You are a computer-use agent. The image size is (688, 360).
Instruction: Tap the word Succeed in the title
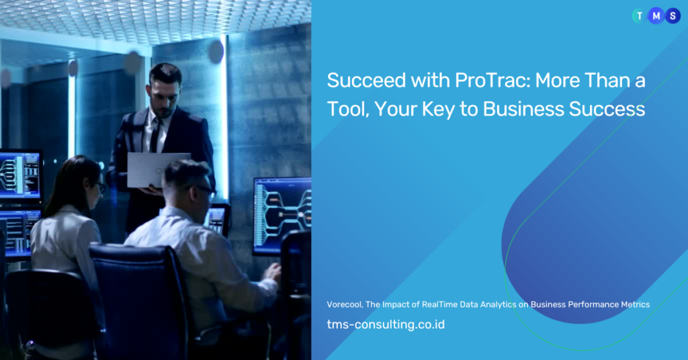pyautogui.click(x=366, y=80)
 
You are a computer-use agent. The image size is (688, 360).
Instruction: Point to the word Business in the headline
pyautogui.click(x=523, y=109)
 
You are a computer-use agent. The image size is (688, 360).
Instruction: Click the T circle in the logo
pyautogui.click(x=640, y=16)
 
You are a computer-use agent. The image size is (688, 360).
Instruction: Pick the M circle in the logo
pyautogui.click(x=656, y=16)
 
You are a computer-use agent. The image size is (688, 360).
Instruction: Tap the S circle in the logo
pyautogui.click(x=673, y=16)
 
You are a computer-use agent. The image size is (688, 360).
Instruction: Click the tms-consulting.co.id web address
pyautogui.click(x=386, y=324)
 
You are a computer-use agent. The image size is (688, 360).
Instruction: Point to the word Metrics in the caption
pyautogui.click(x=635, y=304)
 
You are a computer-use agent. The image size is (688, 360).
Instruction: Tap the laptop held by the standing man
pyautogui.click(x=158, y=170)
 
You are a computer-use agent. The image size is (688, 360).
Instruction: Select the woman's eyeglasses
pyautogui.click(x=100, y=187)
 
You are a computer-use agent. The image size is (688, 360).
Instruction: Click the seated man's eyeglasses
pyautogui.click(x=204, y=189)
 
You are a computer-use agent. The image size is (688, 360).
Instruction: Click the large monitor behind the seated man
pyautogui.click(x=282, y=216)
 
